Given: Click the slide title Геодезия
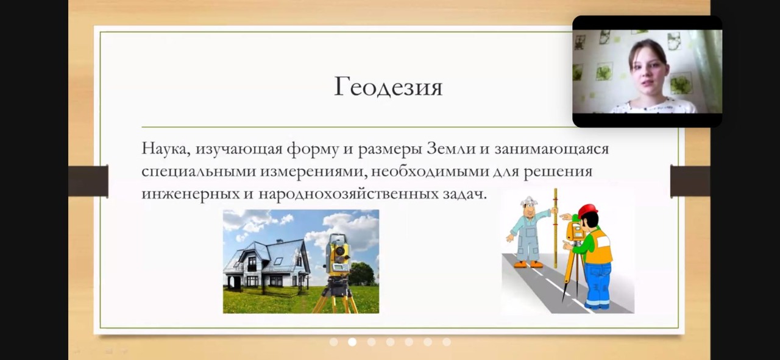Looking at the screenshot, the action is (x=388, y=87).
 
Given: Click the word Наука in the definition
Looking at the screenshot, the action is (x=165, y=149).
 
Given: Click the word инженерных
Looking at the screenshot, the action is (x=191, y=194).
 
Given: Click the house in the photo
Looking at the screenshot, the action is (x=267, y=263).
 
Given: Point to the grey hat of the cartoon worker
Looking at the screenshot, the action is (x=529, y=201).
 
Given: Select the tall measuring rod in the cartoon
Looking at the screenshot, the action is (x=555, y=228).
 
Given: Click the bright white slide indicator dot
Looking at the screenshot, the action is (x=352, y=342).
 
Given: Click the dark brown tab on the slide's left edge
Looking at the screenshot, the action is (x=88, y=181).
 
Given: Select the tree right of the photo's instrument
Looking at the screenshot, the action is (x=362, y=274).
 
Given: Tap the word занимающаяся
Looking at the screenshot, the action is (x=551, y=149).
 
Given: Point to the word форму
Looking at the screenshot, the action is (x=313, y=149).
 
